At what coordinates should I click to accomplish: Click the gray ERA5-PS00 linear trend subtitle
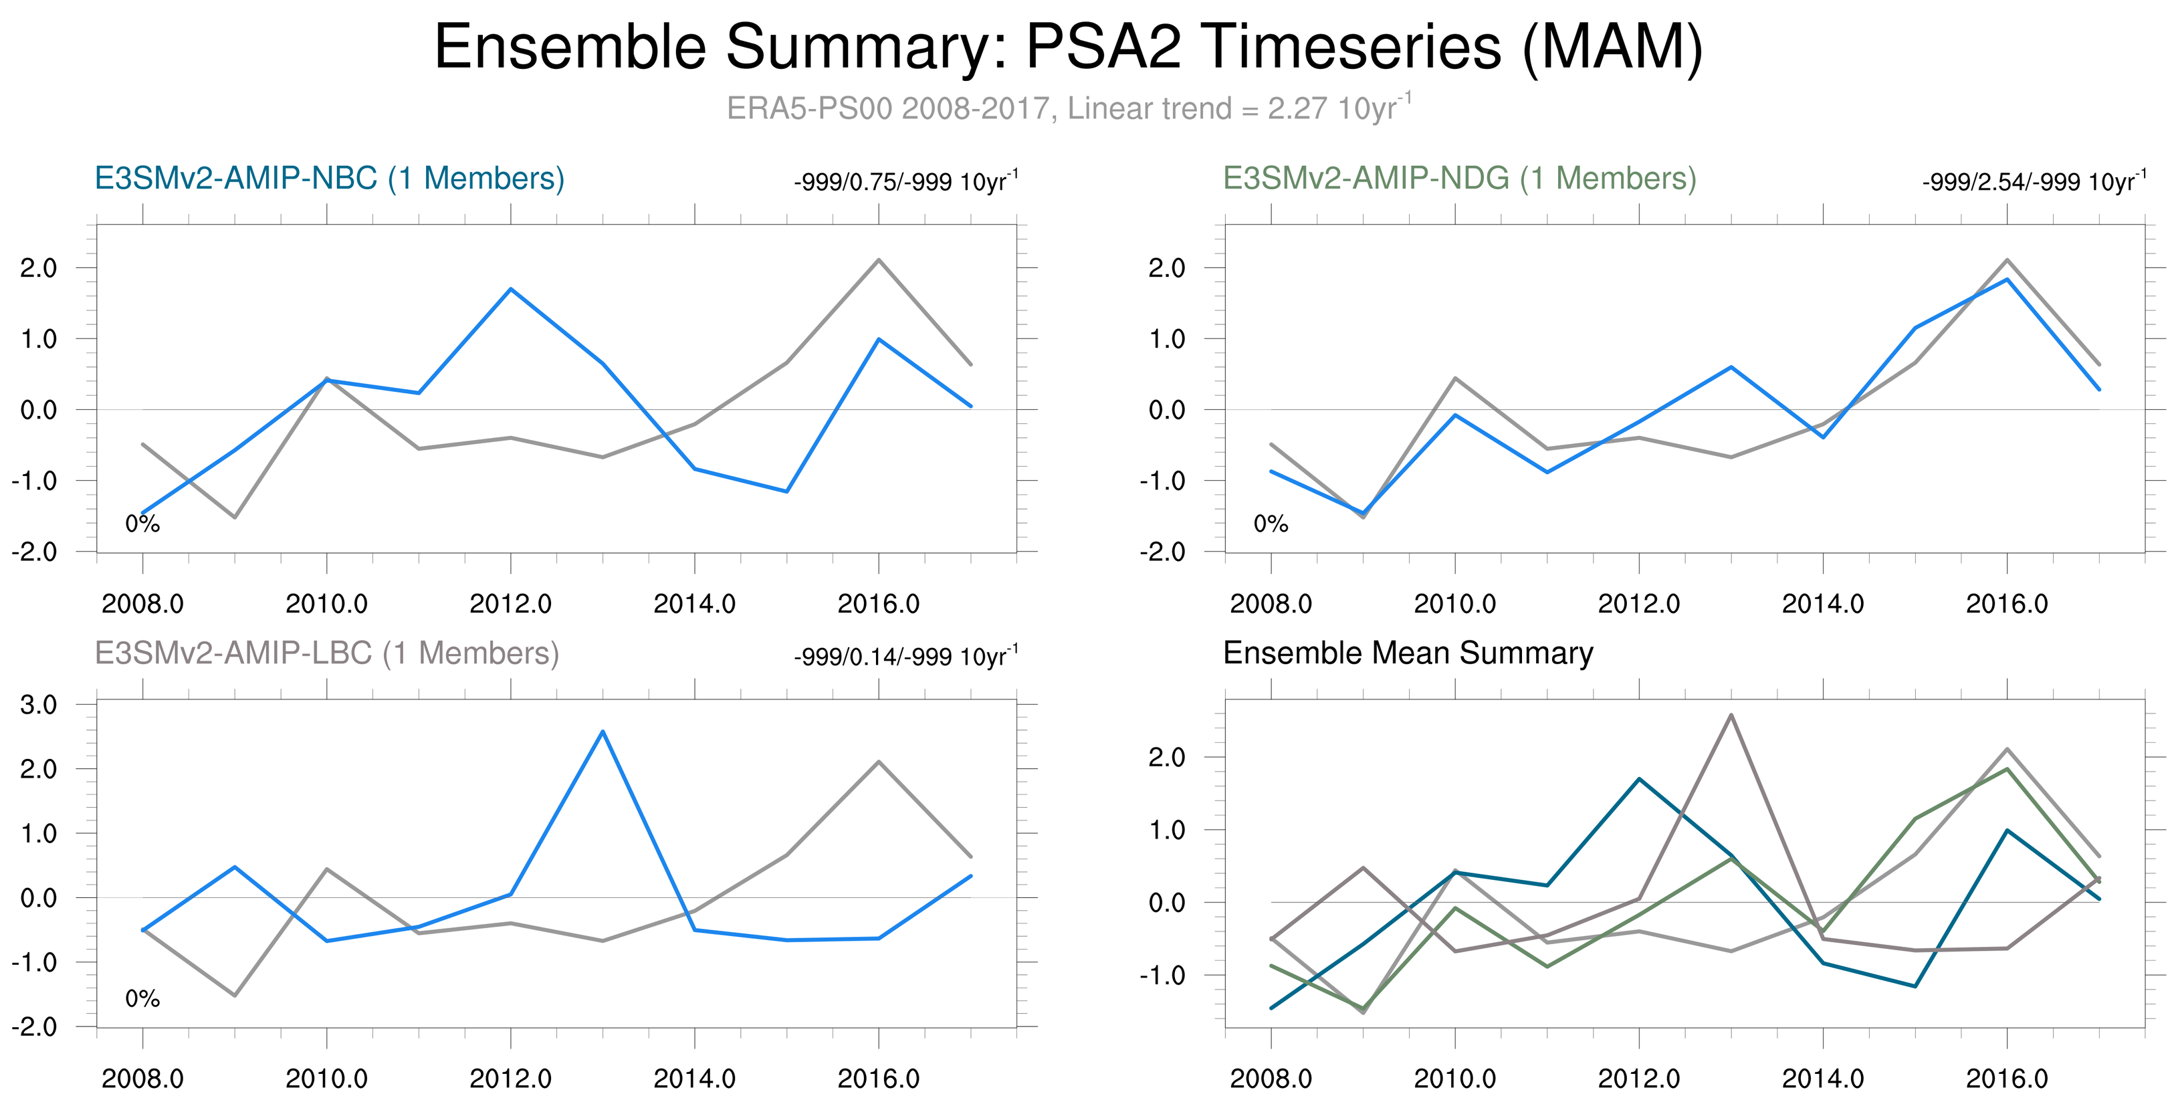tap(1069, 109)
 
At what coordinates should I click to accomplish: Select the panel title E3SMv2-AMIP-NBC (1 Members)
tap(329, 179)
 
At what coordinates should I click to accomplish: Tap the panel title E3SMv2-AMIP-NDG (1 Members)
tap(1459, 179)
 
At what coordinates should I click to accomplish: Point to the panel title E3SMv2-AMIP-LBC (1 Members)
tap(326, 653)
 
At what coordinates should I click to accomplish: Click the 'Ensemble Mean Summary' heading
tap(1408, 653)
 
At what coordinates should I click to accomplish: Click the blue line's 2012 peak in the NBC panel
tap(511, 289)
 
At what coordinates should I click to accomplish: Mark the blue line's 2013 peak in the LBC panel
tap(602, 732)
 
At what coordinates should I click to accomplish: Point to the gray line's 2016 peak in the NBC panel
tap(879, 260)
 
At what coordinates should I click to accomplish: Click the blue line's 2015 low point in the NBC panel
tap(787, 491)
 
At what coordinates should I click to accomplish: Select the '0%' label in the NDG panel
tap(1271, 524)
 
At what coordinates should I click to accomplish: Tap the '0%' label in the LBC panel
tap(142, 999)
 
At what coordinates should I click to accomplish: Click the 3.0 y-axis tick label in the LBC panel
tap(39, 705)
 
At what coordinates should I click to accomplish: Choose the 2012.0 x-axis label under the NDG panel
tap(1638, 604)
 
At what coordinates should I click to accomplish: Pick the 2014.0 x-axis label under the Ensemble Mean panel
tap(1823, 1079)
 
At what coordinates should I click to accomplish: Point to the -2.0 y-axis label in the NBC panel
tap(34, 552)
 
